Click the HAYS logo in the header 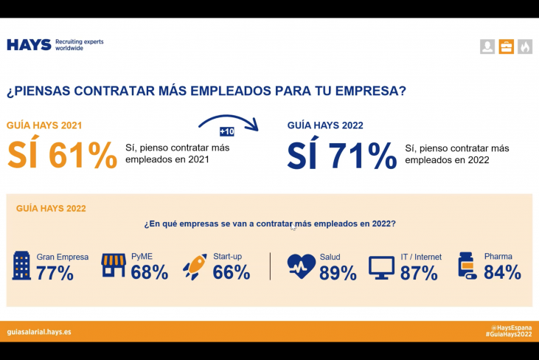click(29, 45)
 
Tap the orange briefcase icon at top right click(507, 47)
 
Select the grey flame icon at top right click(525, 47)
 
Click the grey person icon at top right click(487, 47)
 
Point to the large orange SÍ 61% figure click(62, 155)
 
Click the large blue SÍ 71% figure click(341, 155)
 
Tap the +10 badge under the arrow click(227, 131)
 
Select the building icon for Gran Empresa click(22, 266)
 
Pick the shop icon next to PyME click(114, 266)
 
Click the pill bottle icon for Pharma click(467, 266)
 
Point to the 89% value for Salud click(338, 274)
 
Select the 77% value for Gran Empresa click(55, 273)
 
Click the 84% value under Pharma click(503, 273)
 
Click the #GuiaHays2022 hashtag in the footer click(508, 335)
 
